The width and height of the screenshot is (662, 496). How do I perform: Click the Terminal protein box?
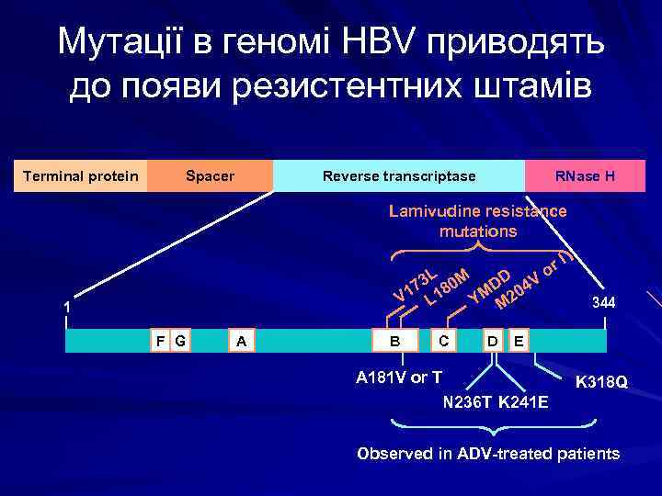point(80,175)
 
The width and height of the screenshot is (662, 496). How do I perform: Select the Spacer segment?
point(211,175)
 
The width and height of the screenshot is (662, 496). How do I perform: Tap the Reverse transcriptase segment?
point(399,175)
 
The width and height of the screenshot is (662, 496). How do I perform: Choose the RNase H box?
point(585,175)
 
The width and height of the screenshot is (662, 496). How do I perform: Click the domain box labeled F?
point(161,341)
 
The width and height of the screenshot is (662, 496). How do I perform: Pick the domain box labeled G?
point(180,341)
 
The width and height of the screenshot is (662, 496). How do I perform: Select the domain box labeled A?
point(242,341)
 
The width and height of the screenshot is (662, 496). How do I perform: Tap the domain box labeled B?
point(396,341)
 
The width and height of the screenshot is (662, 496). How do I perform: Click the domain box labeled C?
point(444,341)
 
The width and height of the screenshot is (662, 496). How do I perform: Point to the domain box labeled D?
point(494,341)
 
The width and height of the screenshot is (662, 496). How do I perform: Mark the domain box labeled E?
point(519,341)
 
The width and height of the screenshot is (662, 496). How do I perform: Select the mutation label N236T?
point(468,402)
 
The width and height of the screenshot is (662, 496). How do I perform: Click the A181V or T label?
point(398,377)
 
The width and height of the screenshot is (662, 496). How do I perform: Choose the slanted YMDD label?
point(488,285)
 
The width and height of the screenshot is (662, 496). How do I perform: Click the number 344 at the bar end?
point(604,303)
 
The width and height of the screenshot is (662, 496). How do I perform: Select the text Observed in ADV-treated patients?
point(488,454)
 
